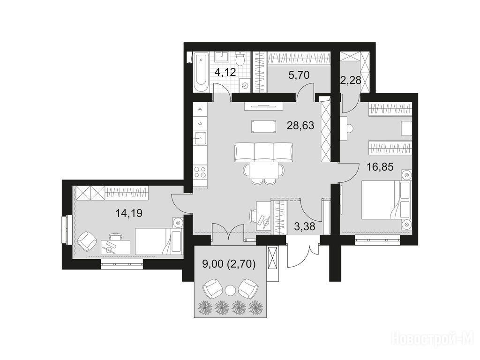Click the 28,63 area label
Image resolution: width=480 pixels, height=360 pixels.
(300, 125)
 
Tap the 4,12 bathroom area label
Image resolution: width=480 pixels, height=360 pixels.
(225, 73)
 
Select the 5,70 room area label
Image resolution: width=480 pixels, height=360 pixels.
(299, 75)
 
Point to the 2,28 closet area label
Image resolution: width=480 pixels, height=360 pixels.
(351, 81)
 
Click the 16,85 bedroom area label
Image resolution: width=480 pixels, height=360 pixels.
(380, 167)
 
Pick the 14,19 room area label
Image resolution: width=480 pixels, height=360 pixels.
(129, 212)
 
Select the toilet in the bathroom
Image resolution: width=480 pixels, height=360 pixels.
(240, 59)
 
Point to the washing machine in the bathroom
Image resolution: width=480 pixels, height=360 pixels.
(245, 85)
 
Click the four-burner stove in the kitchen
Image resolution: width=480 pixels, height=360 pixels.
(200, 172)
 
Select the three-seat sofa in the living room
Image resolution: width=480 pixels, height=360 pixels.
(264, 152)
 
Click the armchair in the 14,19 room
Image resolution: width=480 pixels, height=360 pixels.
(87, 240)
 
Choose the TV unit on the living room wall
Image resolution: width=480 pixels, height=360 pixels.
(263, 106)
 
